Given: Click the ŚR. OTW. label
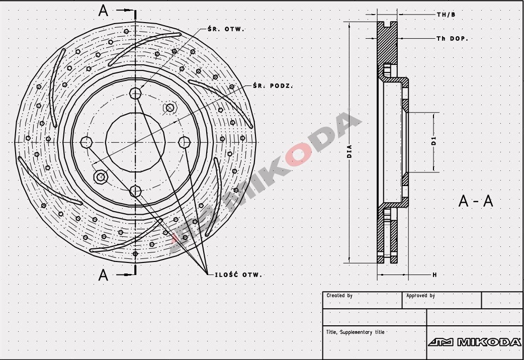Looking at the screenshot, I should click(225, 29).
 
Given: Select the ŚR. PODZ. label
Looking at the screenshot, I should click(274, 85).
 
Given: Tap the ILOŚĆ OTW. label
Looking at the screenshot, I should click(238, 275).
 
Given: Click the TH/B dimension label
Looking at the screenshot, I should click(446, 15).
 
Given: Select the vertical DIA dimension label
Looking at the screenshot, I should click(349, 151).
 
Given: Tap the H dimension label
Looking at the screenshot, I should click(434, 275).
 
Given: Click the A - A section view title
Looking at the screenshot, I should click(476, 201).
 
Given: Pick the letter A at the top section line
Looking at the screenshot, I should click(104, 11).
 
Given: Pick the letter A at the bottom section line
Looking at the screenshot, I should click(104, 275).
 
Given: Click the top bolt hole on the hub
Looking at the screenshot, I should click(135, 93).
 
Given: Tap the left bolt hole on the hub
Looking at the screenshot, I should click(86, 142).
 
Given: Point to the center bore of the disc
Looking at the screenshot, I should click(135, 142).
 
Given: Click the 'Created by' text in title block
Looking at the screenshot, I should click(339, 296).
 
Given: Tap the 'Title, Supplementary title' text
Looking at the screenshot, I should click(355, 332).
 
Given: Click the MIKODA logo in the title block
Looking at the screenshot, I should click(475, 342).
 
